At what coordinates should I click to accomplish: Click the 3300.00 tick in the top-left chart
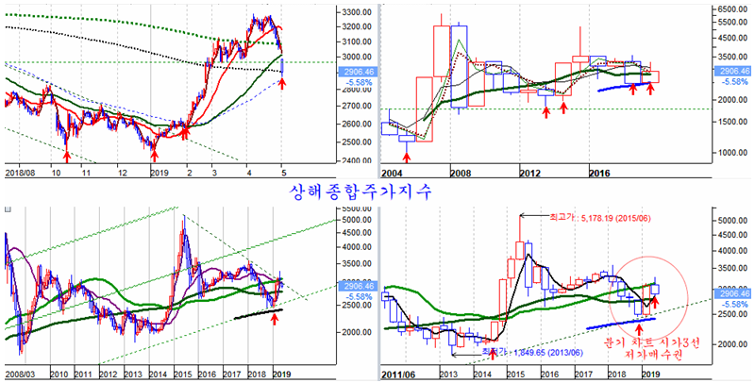pos(355,12)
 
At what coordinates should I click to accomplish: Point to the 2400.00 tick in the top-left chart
pos(355,160)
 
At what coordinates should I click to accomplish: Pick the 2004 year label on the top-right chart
pos(394,175)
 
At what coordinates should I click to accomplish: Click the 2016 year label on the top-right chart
pos(600,175)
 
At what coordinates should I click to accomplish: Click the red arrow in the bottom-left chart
pos(274,319)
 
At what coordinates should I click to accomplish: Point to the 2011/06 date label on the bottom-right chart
pos(399,374)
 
